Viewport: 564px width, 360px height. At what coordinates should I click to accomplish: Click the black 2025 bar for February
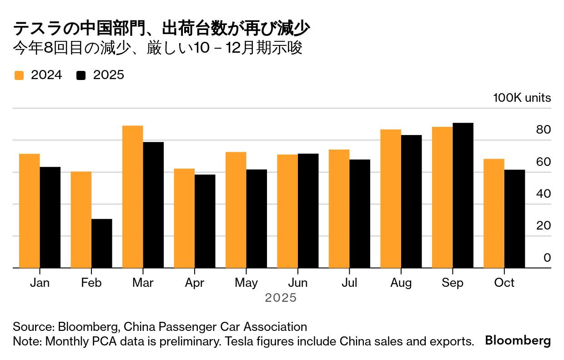[101, 244]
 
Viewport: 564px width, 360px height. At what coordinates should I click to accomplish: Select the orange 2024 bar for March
[132, 197]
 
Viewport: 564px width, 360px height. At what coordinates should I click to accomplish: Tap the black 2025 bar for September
[463, 195]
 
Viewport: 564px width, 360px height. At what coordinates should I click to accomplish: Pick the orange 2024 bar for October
[493, 214]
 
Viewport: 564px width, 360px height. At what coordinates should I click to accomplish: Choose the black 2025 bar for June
[308, 211]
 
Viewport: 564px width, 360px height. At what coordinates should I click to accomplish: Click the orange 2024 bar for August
[391, 199]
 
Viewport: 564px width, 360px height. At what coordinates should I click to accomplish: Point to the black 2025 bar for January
[50, 217]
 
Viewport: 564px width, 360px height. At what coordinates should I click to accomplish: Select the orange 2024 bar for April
[184, 218]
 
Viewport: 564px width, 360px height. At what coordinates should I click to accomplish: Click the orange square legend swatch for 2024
[19, 75]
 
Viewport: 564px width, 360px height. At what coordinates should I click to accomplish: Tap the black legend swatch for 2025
[81, 75]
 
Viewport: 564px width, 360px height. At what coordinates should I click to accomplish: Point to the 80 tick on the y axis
[544, 130]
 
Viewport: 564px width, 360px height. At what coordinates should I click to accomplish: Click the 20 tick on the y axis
[544, 226]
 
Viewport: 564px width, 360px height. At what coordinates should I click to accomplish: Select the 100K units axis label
[522, 98]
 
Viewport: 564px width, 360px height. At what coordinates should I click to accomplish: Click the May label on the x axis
[247, 283]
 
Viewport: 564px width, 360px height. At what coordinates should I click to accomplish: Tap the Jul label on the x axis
[349, 283]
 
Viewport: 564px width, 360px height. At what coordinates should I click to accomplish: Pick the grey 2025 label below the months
[281, 298]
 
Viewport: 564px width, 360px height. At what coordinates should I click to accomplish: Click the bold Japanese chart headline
[161, 29]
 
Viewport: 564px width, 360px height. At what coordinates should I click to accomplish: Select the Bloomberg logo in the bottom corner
[518, 341]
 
